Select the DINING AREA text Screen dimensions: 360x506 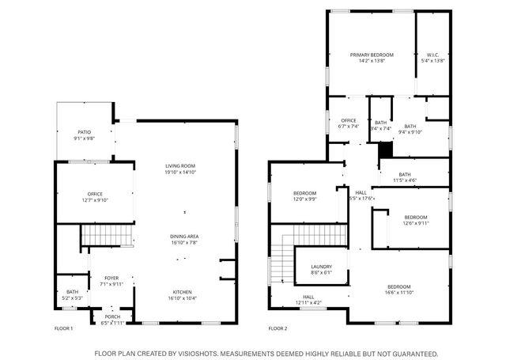point(184,237)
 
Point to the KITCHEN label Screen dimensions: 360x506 point(179,292)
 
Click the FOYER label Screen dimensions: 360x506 point(111,277)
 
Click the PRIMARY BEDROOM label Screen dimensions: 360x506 point(372,55)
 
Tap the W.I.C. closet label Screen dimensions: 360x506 point(433,55)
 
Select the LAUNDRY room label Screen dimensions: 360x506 point(322,267)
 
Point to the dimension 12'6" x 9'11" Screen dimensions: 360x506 point(415,223)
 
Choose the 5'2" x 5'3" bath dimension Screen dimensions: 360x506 point(72,298)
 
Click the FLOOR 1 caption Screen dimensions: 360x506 point(63,328)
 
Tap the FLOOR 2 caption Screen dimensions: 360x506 point(278,328)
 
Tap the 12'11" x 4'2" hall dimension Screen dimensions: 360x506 point(308,302)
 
